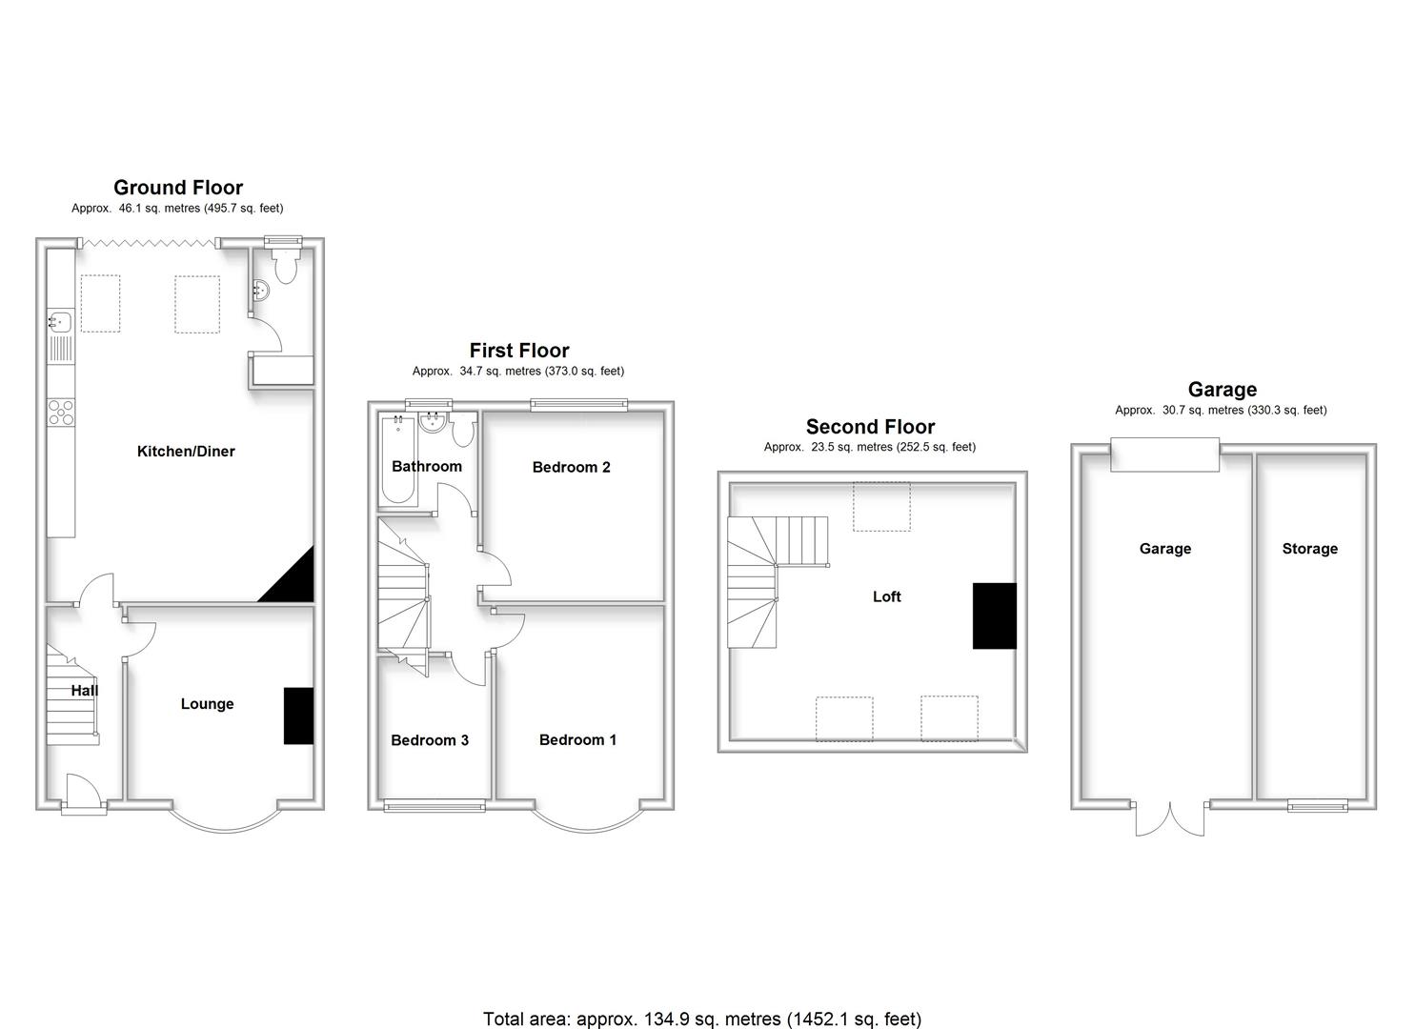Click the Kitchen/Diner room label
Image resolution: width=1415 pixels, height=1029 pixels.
tap(186, 452)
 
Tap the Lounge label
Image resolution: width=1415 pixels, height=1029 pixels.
tap(207, 704)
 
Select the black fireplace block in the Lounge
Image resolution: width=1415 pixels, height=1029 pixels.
tap(298, 716)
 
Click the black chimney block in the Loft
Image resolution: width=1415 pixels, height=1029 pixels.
tap(994, 615)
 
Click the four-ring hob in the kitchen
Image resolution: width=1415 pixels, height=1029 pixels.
tap(61, 412)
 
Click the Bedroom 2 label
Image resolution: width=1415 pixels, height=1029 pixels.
tap(571, 467)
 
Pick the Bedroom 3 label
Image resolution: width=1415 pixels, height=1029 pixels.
tap(430, 740)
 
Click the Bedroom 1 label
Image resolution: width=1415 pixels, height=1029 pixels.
tap(577, 740)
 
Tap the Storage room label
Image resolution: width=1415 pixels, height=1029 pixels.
tap(1309, 549)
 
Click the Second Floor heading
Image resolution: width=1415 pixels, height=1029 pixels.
tap(870, 427)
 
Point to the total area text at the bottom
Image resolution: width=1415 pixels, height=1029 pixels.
tap(702, 1019)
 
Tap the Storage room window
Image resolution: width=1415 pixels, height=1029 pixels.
tap(1318, 806)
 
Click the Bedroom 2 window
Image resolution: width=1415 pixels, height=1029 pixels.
tap(579, 405)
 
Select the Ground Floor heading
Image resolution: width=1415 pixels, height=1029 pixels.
tap(178, 188)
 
